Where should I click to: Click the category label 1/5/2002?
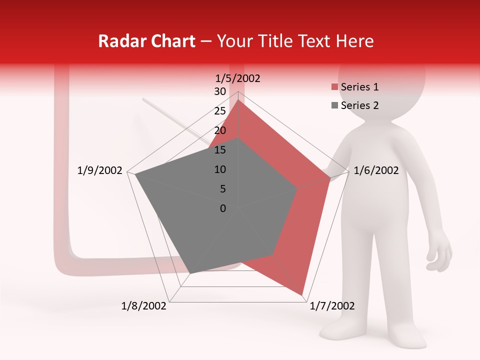pos(237,78)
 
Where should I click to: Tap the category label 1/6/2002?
pos(376,170)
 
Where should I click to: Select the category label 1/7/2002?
pos(332,306)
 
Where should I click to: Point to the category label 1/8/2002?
pos(144,306)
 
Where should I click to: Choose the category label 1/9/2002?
pos(100,170)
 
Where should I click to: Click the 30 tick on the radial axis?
pos(220,91)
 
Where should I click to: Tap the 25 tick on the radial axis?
pos(220,111)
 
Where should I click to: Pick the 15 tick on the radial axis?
pos(220,150)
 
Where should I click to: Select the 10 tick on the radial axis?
pos(220,169)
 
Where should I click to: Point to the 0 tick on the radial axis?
pos(223,208)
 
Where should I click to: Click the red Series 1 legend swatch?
pos(334,87)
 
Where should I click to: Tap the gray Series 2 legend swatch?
pos(334,105)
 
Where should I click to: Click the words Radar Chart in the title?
pos(146,41)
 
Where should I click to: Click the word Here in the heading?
pos(354,41)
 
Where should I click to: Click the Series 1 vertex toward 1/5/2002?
pos(238,100)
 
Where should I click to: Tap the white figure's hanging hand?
pos(440,255)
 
